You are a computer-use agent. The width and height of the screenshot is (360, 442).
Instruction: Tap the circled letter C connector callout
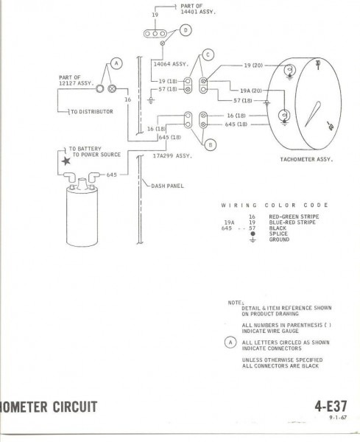[208, 55]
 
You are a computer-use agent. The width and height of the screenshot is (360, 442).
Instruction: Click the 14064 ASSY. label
[170, 64]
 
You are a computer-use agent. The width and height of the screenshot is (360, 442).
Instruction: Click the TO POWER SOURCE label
[96, 156]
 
